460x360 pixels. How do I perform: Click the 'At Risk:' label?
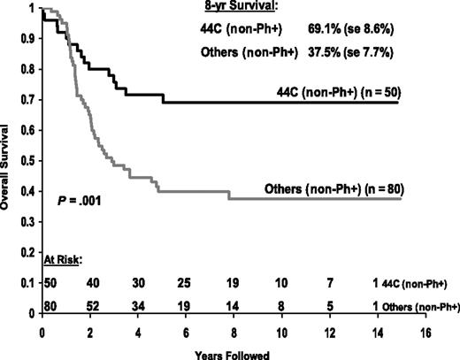click(x=63, y=260)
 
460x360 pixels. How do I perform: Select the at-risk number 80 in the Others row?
click(x=49, y=305)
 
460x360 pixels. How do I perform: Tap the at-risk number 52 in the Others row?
click(x=93, y=305)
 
